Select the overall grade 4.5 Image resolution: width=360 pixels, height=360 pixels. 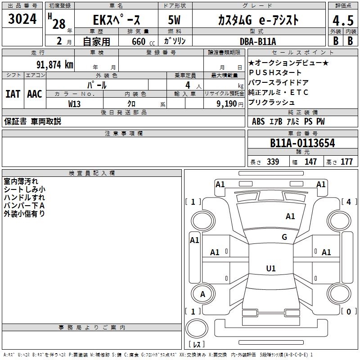pyautogui.click(x=342, y=21)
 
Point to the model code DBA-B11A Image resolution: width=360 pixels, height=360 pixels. pyautogui.click(x=264, y=41)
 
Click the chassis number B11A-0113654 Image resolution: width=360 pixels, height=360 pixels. pyautogui.click(x=302, y=143)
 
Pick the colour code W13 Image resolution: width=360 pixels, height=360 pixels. pyautogui.click(x=75, y=103)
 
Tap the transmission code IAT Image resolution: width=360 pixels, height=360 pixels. pyautogui.click(x=13, y=94)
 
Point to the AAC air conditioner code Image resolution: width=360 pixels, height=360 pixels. pyautogui.click(x=34, y=94)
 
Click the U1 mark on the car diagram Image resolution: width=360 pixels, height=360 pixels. pyautogui.click(x=270, y=269)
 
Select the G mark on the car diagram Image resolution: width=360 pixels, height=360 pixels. pyautogui.click(x=284, y=237)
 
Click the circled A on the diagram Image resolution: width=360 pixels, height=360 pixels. pyautogui.click(x=202, y=294)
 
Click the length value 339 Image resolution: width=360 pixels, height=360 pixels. pyautogui.click(x=273, y=162)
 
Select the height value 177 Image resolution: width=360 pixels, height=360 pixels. pyautogui.click(x=346, y=162)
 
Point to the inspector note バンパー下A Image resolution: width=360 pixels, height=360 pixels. pyautogui.click(x=24, y=206)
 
